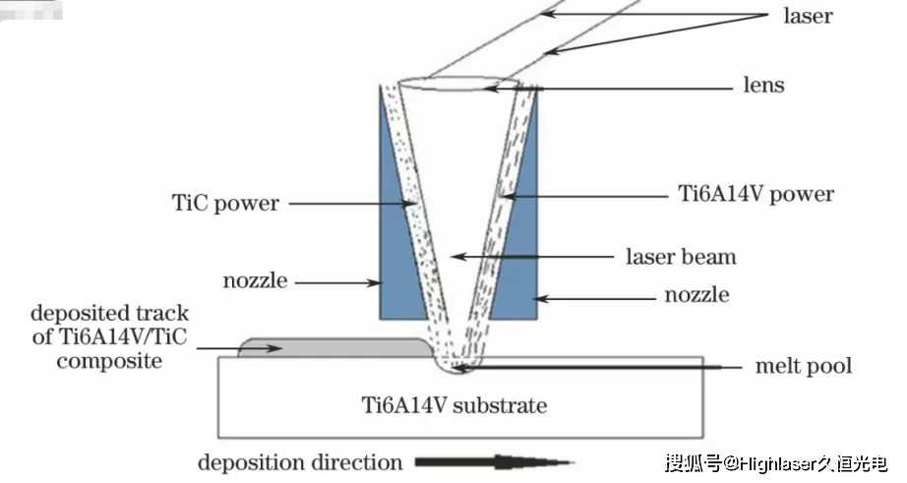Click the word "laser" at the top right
tap(808, 17)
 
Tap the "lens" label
tap(762, 86)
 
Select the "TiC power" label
tap(225, 205)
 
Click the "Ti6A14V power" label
tap(756, 195)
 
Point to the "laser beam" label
tap(681, 258)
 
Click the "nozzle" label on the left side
tap(255, 281)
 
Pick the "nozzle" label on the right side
tap(695, 295)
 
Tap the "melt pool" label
tap(803, 367)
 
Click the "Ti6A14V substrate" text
tap(460, 405)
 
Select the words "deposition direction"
tap(300, 462)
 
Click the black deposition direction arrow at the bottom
tap(492, 461)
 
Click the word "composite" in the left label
tap(108, 361)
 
